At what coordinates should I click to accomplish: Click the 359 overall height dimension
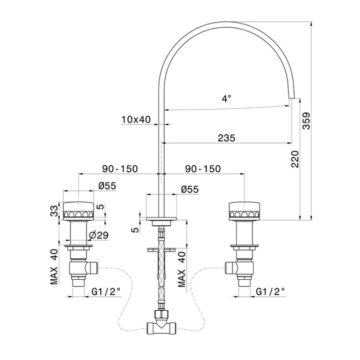[306, 121]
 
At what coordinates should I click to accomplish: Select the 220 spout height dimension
[295, 159]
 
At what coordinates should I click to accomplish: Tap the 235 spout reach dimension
[227, 138]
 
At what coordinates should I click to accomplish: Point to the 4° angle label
[226, 99]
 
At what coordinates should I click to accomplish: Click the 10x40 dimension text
[136, 119]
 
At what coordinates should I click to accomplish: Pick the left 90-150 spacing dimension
[120, 169]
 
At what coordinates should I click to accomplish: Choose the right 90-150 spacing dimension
[203, 169]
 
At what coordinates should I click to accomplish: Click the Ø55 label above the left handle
[107, 186]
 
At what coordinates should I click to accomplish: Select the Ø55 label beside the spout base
[190, 190]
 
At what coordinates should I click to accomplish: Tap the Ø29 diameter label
[99, 235]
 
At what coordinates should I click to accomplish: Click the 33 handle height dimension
[54, 211]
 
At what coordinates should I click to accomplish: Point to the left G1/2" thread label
[106, 291]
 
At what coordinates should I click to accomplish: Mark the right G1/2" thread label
[271, 291]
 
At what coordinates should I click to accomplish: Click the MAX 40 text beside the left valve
[54, 267]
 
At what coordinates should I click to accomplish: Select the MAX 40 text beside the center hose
[182, 269]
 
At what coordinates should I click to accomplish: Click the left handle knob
[78, 210]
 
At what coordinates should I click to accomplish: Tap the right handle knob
[245, 210]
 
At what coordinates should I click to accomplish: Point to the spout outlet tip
[291, 98]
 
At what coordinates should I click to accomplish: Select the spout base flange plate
[161, 218]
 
